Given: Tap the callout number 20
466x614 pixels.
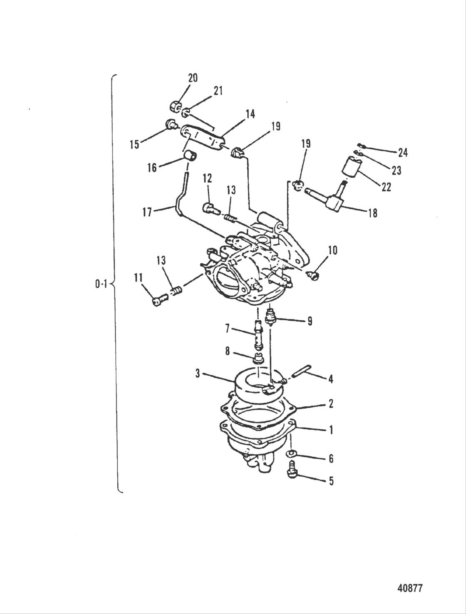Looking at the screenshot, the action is (193, 78).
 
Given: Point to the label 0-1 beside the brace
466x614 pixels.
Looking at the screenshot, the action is (101, 285).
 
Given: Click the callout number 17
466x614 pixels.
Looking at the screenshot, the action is (147, 212).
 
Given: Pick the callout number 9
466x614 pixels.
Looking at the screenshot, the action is (310, 322).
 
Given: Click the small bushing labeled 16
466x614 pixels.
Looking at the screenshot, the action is (190, 155).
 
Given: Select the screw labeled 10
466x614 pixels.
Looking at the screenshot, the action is (313, 275).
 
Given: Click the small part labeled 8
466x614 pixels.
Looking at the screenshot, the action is (258, 358).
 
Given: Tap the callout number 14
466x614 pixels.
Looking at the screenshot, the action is (250, 114).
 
